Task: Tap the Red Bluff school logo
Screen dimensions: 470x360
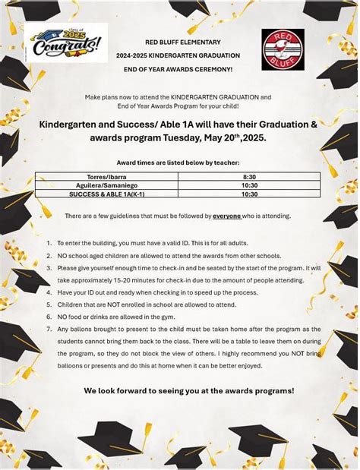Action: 283,49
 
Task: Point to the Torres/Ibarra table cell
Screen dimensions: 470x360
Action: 106,177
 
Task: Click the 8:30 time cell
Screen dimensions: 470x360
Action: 249,177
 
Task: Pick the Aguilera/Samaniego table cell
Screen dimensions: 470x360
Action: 106,185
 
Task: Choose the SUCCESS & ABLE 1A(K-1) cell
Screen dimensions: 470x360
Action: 106,194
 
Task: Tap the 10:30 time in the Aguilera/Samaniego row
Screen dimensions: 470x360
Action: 249,185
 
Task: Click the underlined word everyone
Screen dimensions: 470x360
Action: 226,216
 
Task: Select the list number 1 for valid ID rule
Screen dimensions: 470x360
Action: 49,244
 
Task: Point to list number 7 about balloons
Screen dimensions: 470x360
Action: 49,329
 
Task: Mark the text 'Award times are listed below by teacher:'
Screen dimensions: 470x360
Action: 178,162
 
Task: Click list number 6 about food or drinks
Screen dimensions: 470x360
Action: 49,317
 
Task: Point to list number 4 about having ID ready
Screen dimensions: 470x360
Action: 49,292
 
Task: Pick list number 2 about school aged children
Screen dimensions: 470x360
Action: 49,256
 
